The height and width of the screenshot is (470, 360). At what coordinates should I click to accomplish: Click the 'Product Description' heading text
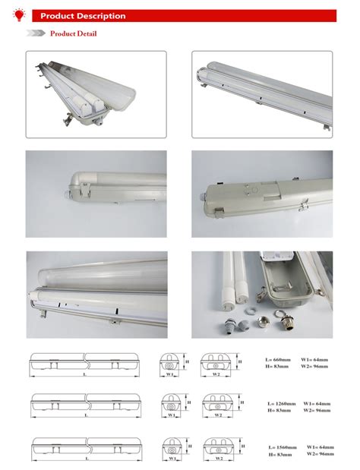83,16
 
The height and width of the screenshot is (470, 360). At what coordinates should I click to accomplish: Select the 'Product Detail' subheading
73,33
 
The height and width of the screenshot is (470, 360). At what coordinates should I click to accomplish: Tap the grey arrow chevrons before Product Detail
36,33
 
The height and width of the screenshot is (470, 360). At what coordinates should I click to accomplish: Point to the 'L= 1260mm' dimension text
281,403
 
